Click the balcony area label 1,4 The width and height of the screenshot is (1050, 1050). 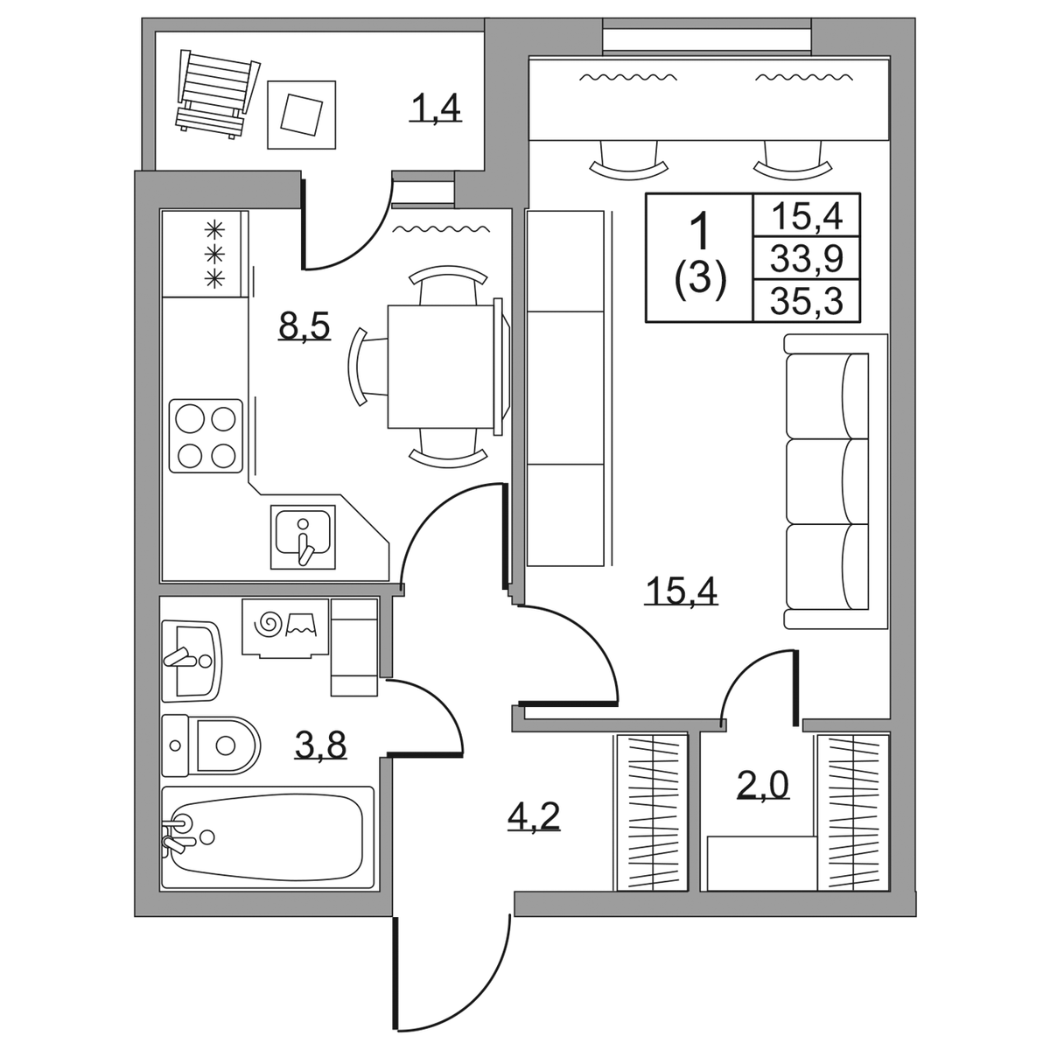[435, 109]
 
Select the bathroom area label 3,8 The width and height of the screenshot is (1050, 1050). [320, 745]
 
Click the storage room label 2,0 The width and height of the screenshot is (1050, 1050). [764, 785]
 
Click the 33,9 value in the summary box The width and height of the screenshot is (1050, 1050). [807, 258]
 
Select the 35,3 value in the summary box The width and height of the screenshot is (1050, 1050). [807, 301]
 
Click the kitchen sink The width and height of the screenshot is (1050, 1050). [303, 536]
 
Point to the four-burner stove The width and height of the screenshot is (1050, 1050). [206, 436]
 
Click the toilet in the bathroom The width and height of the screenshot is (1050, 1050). [212, 745]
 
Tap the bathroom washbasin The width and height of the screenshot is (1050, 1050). [192, 660]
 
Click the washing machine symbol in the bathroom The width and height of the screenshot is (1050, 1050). [285, 627]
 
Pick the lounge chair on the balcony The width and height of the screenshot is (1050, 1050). [217, 93]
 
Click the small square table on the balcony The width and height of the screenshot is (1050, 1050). [301, 115]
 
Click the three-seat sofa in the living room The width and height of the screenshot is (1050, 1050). [836, 481]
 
